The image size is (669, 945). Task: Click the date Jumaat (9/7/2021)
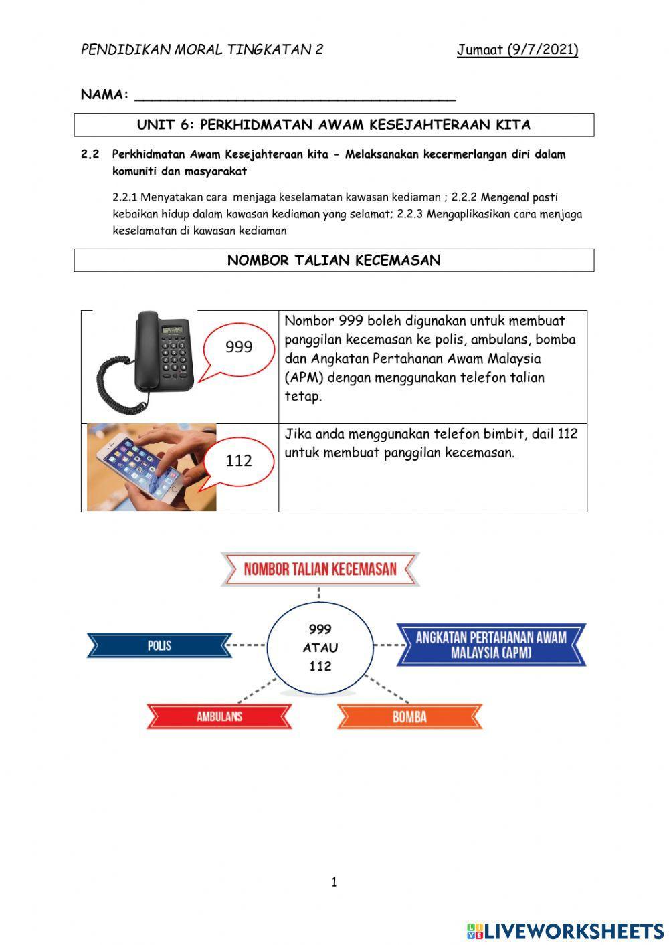(517, 49)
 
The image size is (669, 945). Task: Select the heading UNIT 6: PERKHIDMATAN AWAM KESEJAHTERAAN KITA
(334, 125)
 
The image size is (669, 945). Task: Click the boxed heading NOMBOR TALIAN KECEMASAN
(334, 260)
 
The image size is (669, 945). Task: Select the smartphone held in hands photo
(151, 467)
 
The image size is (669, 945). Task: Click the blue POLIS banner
(159, 645)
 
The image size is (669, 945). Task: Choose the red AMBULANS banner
(219, 716)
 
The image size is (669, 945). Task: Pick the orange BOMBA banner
(409, 717)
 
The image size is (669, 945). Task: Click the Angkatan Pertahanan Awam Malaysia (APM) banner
(491, 645)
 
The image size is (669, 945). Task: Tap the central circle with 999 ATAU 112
(320, 647)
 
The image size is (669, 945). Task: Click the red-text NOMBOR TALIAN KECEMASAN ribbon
(320, 570)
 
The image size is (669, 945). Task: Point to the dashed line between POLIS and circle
(248, 645)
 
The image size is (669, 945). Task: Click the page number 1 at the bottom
(334, 883)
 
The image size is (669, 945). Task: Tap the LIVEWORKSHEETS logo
(565, 930)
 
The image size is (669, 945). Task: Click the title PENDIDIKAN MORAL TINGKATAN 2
(202, 49)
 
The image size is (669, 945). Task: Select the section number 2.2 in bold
(90, 154)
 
